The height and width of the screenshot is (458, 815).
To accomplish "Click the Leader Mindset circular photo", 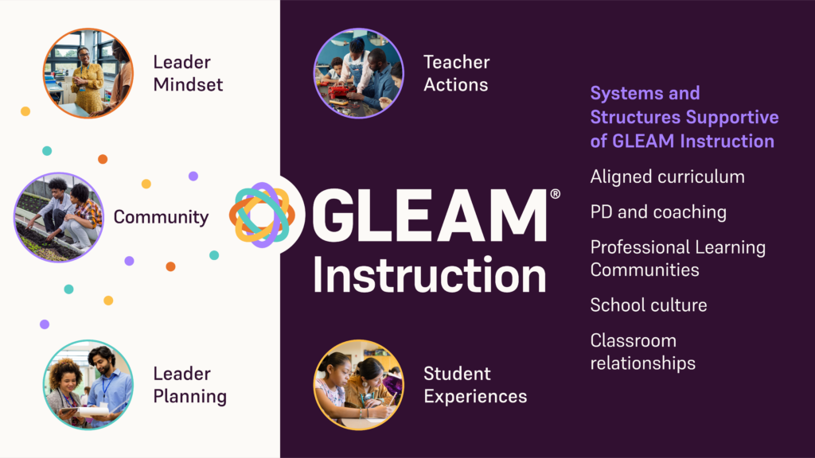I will (x=88, y=73).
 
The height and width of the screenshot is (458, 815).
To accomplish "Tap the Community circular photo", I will (x=59, y=217).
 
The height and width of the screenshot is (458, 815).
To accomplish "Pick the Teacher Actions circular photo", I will (x=358, y=73).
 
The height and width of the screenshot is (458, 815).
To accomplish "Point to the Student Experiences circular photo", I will (x=358, y=385).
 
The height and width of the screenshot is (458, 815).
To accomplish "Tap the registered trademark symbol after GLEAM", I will (x=555, y=193).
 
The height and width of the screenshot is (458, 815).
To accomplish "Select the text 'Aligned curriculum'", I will (x=667, y=177).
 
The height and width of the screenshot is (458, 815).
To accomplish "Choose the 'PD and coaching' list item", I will (x=658, y=212).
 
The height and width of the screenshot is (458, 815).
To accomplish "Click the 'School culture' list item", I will (x=648, y=305).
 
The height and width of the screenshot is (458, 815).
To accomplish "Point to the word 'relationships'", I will (x=642, y=363).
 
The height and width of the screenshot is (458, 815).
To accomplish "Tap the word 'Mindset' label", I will (x=188, y=84).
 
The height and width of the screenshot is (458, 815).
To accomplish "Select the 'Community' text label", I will (x=161, y=217).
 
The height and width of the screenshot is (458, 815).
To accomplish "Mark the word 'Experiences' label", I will (x=474, y=396).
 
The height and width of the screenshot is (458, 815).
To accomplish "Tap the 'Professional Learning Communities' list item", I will (x=677, y=258).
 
